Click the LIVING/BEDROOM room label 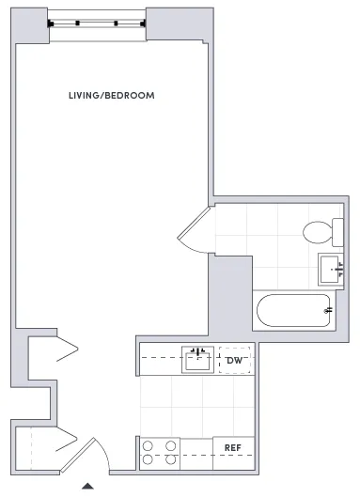coord(112,96)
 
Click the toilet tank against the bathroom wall coord(338,231)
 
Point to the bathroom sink coord(331,269)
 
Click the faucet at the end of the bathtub coord(327,309)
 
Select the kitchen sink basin coord(196,361)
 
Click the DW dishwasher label coord(235,360)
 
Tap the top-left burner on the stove coord(149,445)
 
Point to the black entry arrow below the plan coord(87,486)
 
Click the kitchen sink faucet coord(196,350)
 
